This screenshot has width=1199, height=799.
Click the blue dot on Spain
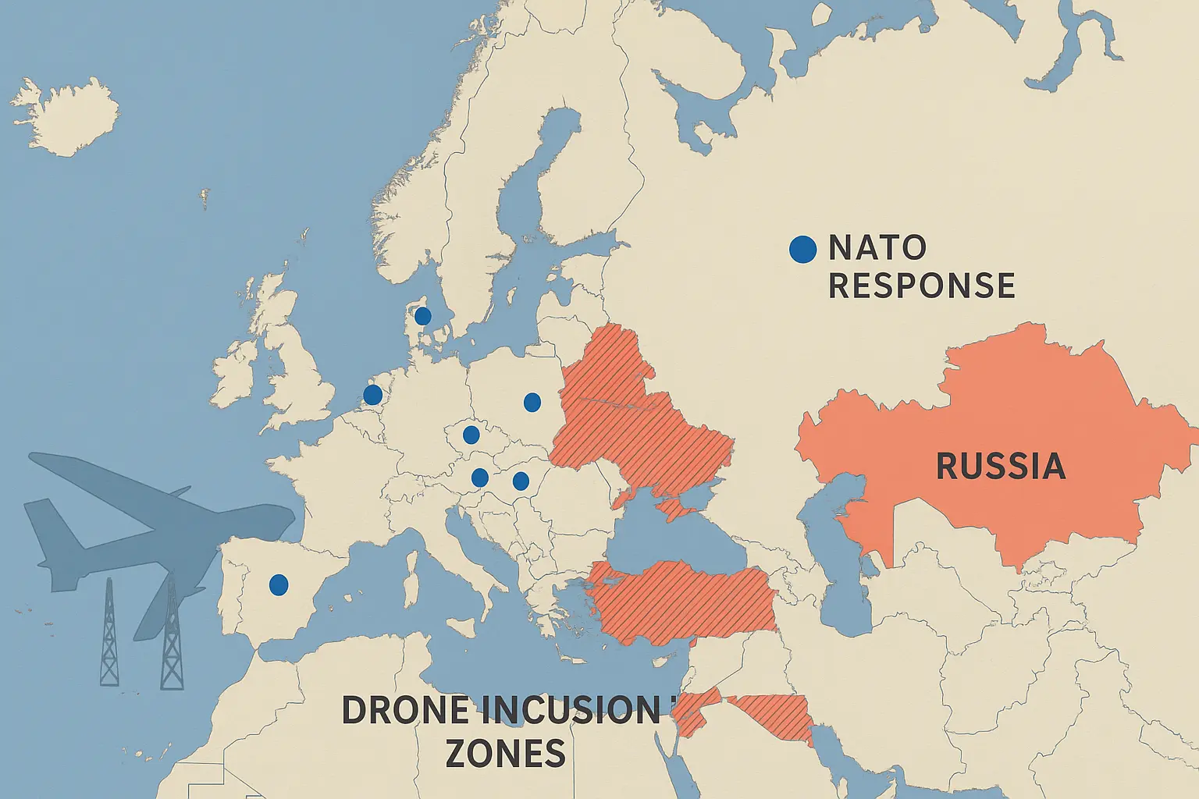click(278, 584)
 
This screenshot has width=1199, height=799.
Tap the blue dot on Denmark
click(422, 316)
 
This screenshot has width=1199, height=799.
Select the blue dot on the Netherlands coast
click(373, 395)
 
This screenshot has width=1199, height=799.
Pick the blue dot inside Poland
click(532, 403)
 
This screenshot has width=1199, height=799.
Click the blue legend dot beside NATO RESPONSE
click(802, 250)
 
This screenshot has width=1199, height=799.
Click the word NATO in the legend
click(877, 248)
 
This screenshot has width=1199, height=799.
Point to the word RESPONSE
click(921, 286)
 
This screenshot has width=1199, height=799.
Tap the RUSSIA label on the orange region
click(1000, 466)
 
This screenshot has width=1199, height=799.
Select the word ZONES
click(505, 754)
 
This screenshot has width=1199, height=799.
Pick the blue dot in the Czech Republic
click(471, 435)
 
